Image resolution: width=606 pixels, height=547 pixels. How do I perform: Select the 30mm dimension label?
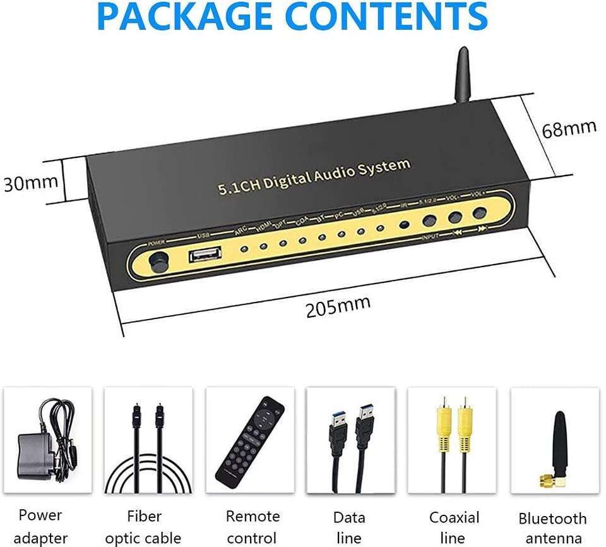[30, 183]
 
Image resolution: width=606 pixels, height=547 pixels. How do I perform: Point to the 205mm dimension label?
[338, 307]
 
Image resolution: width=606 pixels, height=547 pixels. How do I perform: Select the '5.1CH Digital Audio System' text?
[314, 177]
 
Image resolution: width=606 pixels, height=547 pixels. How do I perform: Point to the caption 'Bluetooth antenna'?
[552, 528]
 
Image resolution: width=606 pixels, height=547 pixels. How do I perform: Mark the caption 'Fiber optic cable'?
[143, 526]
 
